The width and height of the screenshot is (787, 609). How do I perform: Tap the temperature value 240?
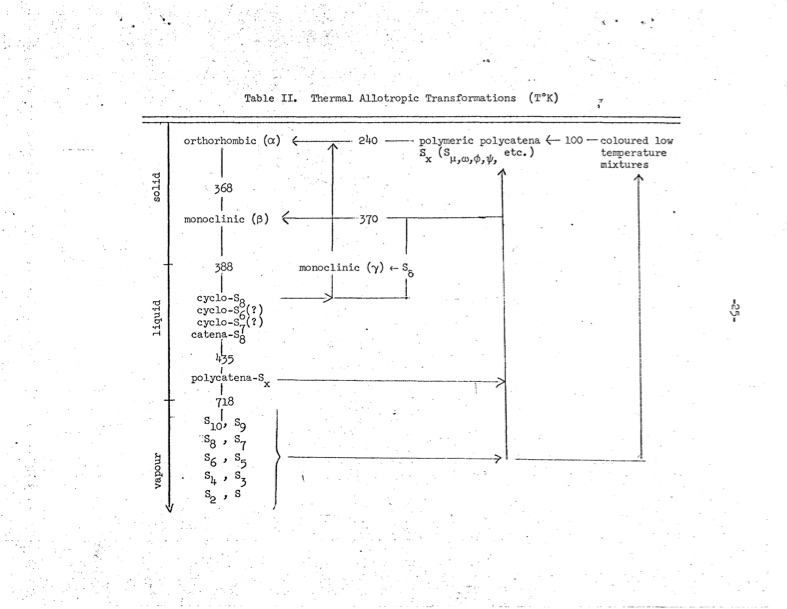click(x=366, y=141)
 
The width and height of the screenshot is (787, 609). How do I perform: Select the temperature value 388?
click(x=224, y=267)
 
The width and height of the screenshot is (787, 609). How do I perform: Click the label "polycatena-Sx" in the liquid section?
click(x=230, y=380)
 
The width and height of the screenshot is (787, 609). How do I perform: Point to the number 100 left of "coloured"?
click(x=573, y=141)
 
